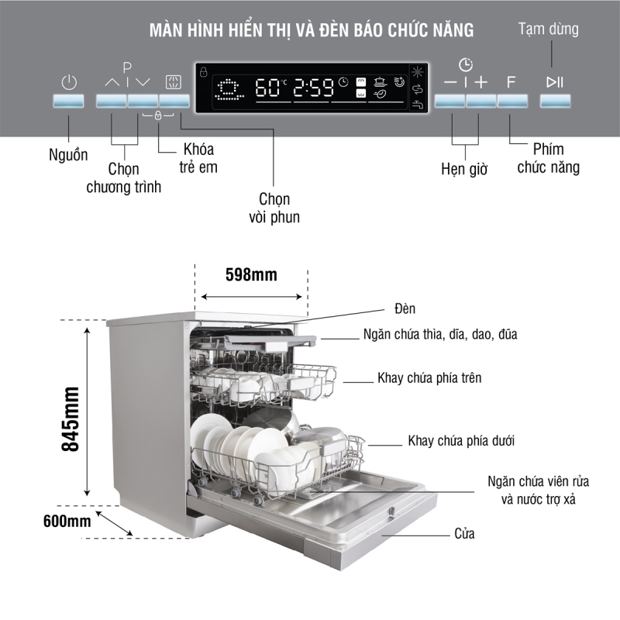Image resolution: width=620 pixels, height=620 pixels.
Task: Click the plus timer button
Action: click(480, 102)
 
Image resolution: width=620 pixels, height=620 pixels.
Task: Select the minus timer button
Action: click(450, 102)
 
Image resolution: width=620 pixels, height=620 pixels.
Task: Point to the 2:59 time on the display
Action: click(314, 88)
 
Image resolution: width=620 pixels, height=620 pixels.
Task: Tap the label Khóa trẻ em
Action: click(198, 157)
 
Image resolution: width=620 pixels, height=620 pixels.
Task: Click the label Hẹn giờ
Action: click(464, 169)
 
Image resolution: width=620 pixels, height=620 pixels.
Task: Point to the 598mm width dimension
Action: click(251, 274)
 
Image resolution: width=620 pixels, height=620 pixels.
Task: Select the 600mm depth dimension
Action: click(68, 521)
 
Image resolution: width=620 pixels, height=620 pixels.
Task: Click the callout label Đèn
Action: click(405, 308)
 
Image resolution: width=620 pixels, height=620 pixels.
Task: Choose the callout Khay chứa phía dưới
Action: click(461, 440)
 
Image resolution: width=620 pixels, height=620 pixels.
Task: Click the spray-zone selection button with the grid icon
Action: click(174, 102)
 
